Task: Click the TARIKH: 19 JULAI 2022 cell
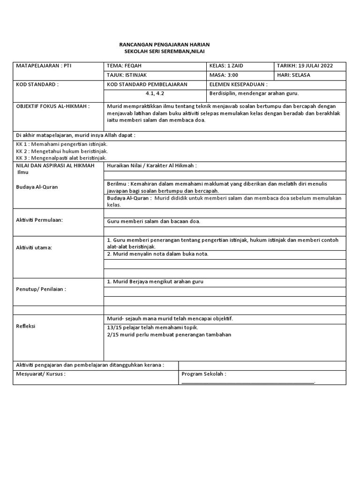(305, 66)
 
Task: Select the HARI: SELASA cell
(293, 75)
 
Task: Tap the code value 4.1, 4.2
(155, 93)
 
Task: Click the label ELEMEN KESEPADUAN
(238, 84)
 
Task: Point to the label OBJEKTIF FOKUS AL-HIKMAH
(52, 106)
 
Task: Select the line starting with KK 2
(62, 151)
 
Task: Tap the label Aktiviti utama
(34, 247)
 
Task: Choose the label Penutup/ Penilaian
(41, 289)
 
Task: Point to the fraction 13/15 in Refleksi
(114, 327)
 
